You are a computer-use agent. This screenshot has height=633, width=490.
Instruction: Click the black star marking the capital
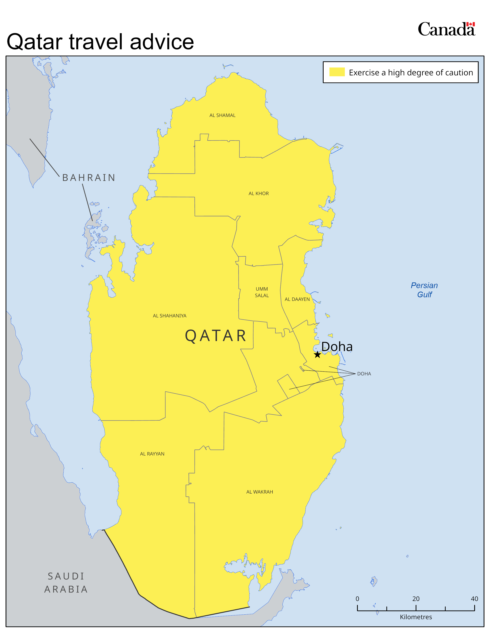pos(317,354)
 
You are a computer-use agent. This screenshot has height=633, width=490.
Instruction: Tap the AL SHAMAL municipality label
pos(222,115)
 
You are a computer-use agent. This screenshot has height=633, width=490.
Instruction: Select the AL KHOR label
pos(258,194)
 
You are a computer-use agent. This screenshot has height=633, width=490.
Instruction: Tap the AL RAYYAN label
pos(152,454)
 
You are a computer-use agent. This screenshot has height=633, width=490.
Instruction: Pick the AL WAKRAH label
pos(260,492)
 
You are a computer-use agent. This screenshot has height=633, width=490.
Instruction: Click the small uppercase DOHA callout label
pos(364,374)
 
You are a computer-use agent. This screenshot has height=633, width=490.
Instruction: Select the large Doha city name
pos(337,347)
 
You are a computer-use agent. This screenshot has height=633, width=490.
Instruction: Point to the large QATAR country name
pos(215,336)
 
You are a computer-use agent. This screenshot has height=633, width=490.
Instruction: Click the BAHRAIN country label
pos(89,178)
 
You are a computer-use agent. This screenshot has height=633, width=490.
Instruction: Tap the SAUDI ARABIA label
pos(66,583)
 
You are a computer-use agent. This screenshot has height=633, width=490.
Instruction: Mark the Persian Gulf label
pos(424,290)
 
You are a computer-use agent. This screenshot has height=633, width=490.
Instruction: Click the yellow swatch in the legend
pos(337,72)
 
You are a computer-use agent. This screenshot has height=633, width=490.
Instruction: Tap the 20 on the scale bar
pos(416,598)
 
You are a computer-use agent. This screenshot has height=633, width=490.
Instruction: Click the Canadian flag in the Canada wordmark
pos(470,24)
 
